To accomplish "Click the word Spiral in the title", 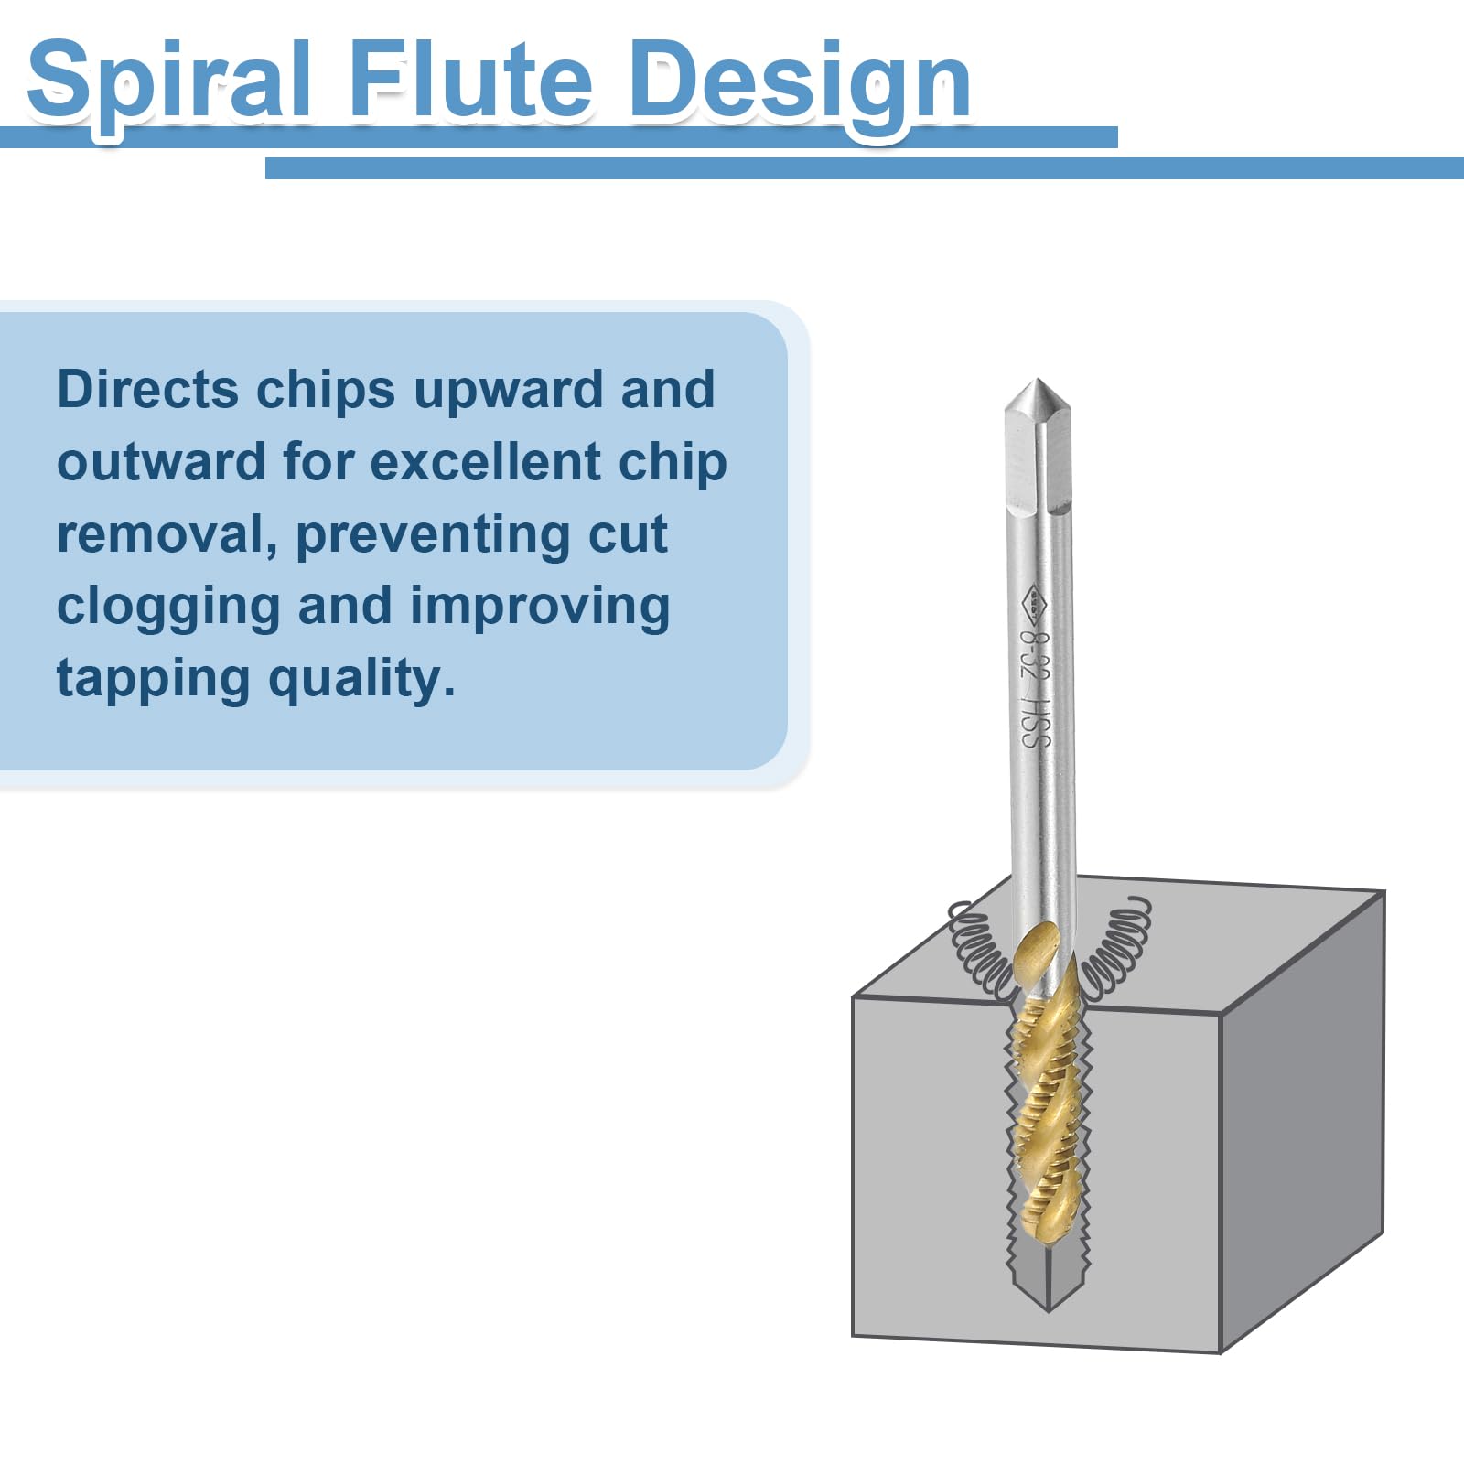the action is coord(170,82).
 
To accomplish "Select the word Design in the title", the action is coord(800,84).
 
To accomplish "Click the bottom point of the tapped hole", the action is coord(1047,1310).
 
